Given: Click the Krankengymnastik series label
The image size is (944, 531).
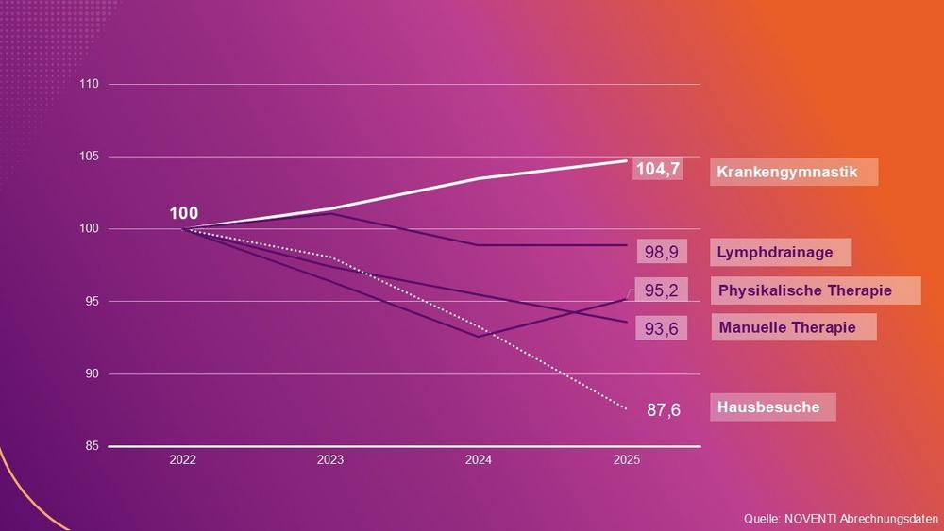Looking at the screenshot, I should tap(793, 172).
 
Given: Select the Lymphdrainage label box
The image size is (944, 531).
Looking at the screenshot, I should tap(780, 252).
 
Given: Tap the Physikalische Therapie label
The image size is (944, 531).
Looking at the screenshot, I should tap(804, 290).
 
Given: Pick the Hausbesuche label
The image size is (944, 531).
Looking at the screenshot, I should tap(768, 407).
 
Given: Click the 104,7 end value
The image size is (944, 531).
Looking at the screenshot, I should tap(658, 170).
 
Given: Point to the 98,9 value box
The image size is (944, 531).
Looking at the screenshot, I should tap(661, 253).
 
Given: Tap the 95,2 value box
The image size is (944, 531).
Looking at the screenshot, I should tap(661, 291).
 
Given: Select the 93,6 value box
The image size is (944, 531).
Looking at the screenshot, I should tap(661, 328).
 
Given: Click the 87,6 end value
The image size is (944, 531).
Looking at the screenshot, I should tap(663, 410).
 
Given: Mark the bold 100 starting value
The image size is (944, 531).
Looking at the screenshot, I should tap(183, 213).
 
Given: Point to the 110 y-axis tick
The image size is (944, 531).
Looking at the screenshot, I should tap(90, 84).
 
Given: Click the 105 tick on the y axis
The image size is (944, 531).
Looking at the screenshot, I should tap(90, 157).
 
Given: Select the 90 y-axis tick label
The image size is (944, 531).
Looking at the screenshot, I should tap(92, 373).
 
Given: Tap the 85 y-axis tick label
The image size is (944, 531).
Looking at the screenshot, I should tap(92, 446).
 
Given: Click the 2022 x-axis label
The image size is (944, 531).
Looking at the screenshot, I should tap(183, 460).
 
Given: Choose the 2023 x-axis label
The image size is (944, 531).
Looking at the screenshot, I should tap(330, 460).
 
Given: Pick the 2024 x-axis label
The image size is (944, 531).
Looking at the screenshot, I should tap(479, 460).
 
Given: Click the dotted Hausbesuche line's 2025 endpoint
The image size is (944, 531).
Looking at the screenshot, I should tap(626, 408).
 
